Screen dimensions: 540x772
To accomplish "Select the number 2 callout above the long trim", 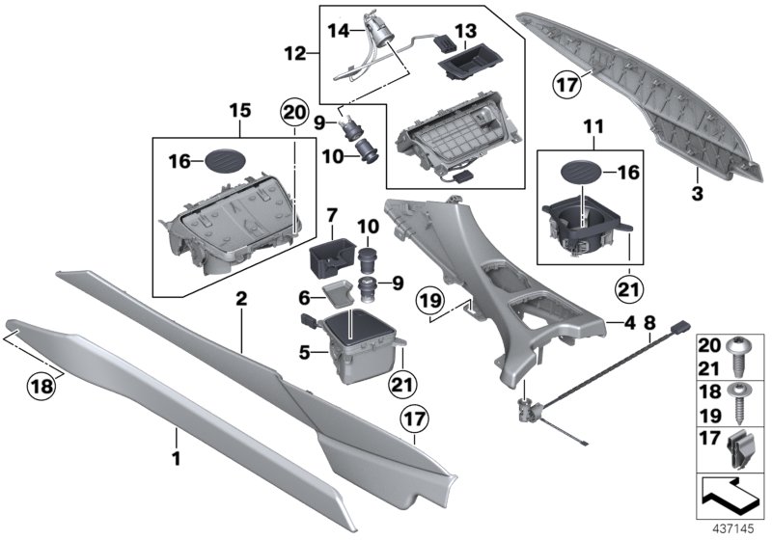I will (x=242, y=301).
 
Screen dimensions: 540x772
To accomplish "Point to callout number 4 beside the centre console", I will (x=629, y=325).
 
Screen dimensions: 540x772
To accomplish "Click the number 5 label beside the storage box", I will (x=303, y=353).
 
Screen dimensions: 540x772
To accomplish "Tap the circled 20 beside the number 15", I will (x=292, y=112).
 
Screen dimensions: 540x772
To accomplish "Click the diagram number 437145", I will (x=736, y=529).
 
